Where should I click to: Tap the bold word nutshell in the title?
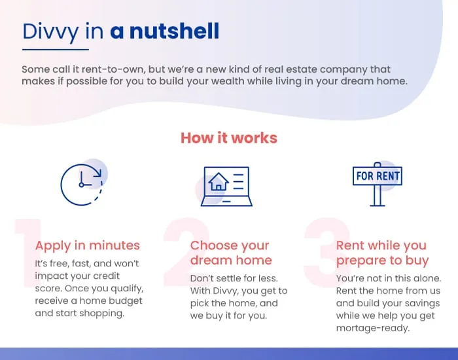pos(174,31)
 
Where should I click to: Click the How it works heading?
pos(229,137)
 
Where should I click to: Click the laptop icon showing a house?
pos(226,187)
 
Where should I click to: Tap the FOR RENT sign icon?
pos(378,184)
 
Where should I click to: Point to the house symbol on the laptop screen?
pos(218,181)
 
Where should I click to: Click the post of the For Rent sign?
pos(378,196)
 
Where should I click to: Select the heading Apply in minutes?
pos(87,245)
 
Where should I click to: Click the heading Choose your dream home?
pos(231,253)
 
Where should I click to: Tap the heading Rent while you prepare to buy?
pos(382,253)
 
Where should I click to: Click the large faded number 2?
pos(187,252)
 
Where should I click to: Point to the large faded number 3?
pos(327,253)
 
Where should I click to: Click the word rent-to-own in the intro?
pos(113,69)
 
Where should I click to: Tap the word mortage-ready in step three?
pos(373,328)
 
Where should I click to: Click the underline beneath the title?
pos(56,50)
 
